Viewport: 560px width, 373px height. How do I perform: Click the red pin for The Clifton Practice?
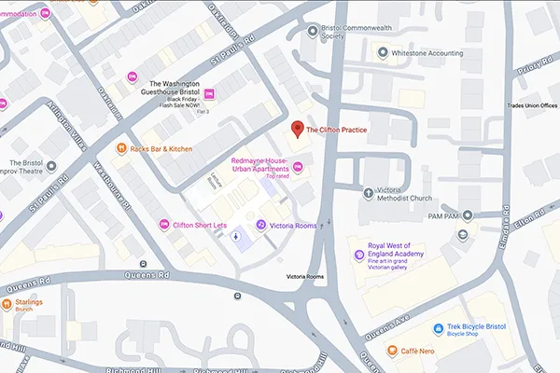pyautogui.click(x=297, y=130)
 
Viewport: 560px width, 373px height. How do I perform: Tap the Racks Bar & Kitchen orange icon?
pyautogui.click(x=120, y=148)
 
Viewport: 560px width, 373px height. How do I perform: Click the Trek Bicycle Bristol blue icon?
pyautogui.click(x=437, y=328)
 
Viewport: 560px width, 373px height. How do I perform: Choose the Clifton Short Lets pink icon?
pyautogui.click(x=165, y=224)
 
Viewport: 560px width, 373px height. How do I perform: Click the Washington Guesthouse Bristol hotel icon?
pyautogui.click(x=209, y=92)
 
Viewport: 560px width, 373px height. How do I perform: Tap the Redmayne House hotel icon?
pyautogui.click(x=301, y=167)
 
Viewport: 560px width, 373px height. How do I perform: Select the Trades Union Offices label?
pyautogui.click(x=532, y=105)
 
